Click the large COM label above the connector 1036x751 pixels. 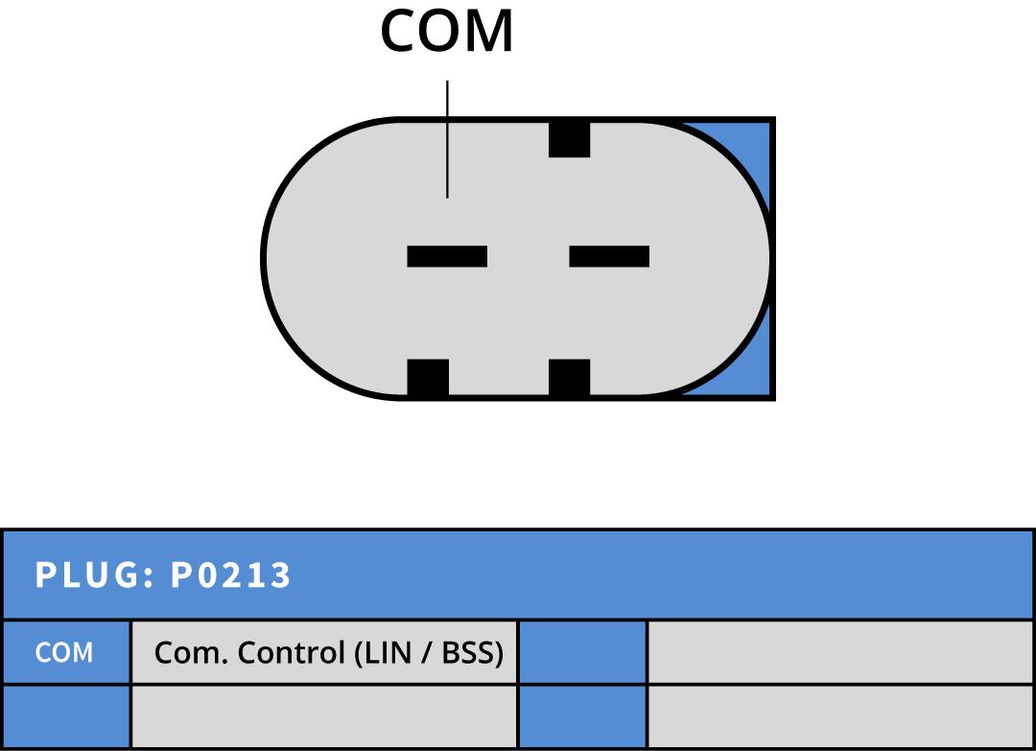coord(447,31)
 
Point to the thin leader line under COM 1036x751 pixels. coord(447,139)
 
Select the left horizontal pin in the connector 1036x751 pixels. coord(447,256)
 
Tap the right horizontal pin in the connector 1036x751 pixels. coord(609,256)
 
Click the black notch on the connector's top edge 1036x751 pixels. coord(570,139)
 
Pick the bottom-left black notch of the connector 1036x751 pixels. coord(428,378)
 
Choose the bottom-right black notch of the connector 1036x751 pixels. coord(570,378)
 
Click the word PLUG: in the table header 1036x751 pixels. coord(95,575)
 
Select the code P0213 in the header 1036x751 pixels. coord(230,575)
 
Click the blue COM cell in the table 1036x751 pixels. coord(65,652)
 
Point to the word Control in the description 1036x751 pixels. coord(292,652)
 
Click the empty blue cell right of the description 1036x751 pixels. coord(583,652)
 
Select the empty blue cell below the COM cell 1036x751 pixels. coord(65,716)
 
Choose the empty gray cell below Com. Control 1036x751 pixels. coord(324,716)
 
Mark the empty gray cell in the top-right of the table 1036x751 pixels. coord(840,652)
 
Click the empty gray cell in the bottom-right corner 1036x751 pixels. coord(840,716)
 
